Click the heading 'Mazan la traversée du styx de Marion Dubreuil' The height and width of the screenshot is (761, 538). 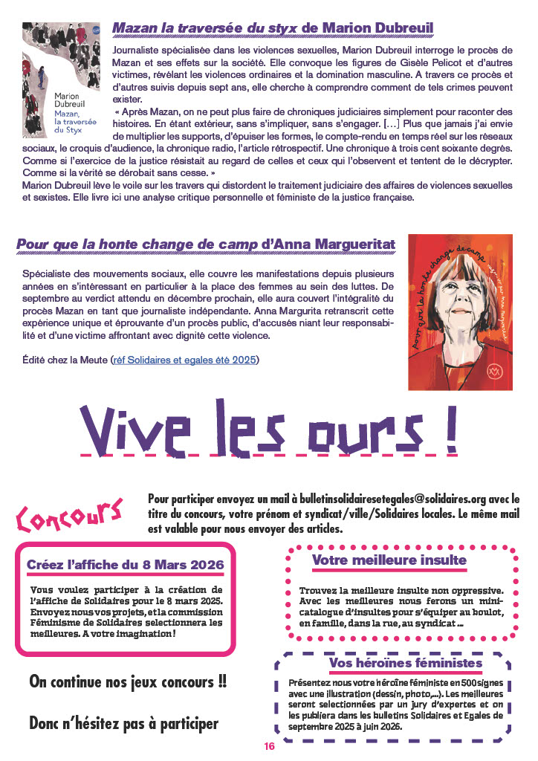273,29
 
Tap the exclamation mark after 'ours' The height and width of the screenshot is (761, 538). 450,427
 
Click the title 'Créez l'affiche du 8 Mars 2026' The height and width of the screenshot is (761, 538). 125,565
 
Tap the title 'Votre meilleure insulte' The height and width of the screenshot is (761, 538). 389,560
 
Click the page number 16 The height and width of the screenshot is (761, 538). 269,746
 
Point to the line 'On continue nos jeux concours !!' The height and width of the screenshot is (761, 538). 128,681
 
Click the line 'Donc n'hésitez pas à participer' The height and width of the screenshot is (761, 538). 123,722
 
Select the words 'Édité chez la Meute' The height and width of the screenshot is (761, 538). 65,360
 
